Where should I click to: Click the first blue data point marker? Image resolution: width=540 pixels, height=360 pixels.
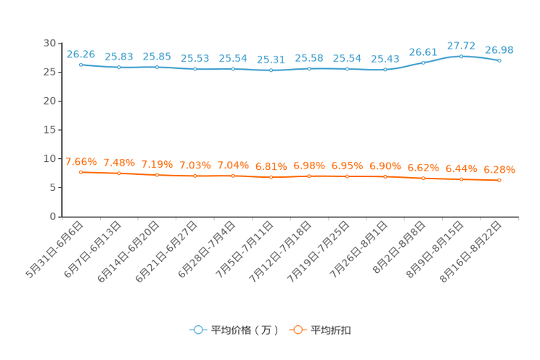(x=81, y=65)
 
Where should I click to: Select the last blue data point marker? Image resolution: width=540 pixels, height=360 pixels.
(x=499, y=61)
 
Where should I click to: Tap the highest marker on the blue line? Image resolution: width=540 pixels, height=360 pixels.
(x=461, y=56)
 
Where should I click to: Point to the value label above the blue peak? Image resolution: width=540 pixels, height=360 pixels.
(x=461, y=45)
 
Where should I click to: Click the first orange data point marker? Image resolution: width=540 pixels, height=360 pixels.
(x=81, y=172)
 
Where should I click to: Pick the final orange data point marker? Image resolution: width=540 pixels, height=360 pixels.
(x=499, y=180)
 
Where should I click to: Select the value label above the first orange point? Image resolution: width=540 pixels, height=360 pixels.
(x=81, y=161)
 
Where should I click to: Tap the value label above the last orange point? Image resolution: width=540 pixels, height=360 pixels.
(x=499, y=169)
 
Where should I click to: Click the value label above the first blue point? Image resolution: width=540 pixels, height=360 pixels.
(x=81, y=54)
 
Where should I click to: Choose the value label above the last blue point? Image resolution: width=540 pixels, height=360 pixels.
(x=499, y=50)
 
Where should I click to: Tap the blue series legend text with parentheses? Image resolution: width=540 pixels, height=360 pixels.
(x=245, y=330)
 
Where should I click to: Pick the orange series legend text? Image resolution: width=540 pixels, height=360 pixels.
(x=331, y=330)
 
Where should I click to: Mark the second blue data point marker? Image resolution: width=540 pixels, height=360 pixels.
(x=119, y=67)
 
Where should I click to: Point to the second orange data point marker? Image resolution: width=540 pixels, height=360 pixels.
(x=119, y=173)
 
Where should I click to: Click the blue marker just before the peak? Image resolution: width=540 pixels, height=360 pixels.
(x=423, y=62)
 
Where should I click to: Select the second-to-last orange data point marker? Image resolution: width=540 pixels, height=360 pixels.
(x=461, y=179)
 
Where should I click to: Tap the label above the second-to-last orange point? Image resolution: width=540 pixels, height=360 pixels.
(x=461, y=168)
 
